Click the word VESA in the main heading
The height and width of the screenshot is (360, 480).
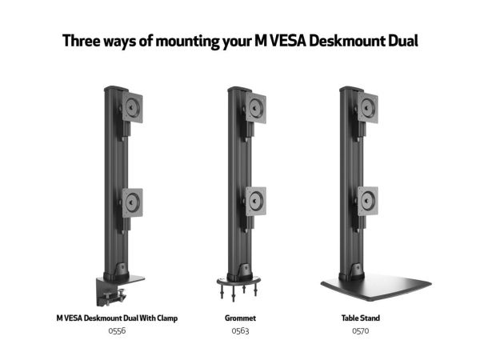click(x=287, y=41)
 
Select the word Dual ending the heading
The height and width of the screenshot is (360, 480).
click(x=403, y=41)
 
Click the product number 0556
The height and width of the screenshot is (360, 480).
click(x=117, y=331)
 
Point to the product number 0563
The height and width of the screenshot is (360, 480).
click(x=240, y=331)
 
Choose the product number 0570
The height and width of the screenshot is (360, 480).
click(x=361, y=331)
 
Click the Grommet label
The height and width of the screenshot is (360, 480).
click(x=240, y=318)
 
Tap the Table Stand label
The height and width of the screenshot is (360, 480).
click(x=361, y=318)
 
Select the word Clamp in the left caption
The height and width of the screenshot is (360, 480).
click(x=167, y=318)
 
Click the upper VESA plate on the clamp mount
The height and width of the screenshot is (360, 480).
click(x=133, y=107)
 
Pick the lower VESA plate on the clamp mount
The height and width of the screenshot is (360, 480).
click(x=133, y=202)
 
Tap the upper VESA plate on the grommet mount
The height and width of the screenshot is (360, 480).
click(x=256, y=108)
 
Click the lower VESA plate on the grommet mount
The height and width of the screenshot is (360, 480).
click(x=256, y=202)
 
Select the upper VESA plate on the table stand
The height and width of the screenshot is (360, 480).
click(x=368, y=108)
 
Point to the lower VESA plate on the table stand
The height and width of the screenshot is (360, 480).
click(x=368, y=201)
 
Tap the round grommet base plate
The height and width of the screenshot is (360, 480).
click(x=238, y=281)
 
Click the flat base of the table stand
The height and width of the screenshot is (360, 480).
click(x=376, y=287)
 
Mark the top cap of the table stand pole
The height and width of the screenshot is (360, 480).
click(x=352, y=90)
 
